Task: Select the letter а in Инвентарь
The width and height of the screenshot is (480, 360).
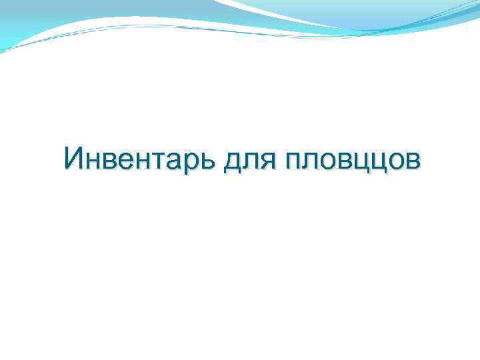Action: point(169,161)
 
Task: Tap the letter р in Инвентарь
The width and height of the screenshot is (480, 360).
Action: point(185,163)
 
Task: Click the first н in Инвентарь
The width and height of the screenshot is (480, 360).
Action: point(92,161)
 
